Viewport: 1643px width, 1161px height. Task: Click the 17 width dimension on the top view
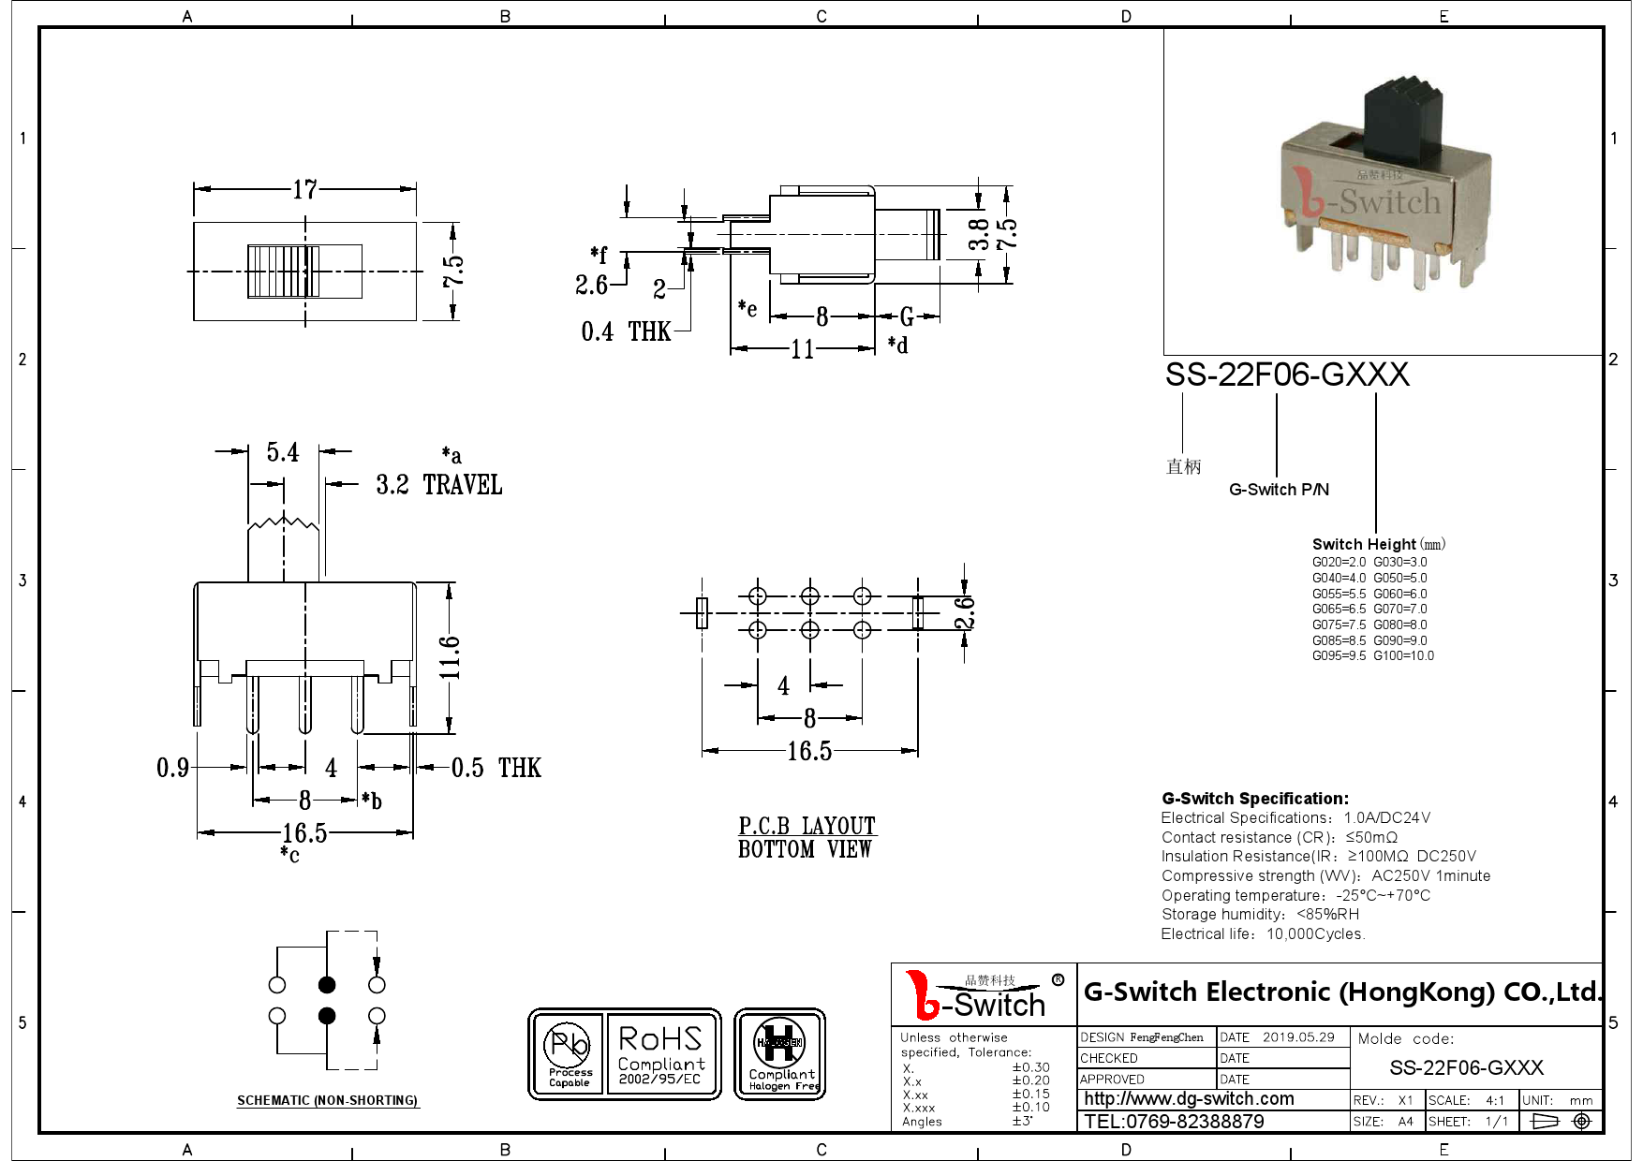tap(304, 190)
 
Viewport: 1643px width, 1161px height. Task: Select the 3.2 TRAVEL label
tap(438, 485)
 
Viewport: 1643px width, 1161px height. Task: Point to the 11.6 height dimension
tap(451, 657)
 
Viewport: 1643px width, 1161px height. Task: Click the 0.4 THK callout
tap(625, 331)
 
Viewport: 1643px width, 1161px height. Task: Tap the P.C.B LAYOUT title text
tap(807, 827)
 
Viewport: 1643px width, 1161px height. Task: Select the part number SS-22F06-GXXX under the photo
tap(1286, 375)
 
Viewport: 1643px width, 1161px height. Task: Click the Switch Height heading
tap(1364, 545)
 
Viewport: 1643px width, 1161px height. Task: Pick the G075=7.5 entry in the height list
tap(1339, 625)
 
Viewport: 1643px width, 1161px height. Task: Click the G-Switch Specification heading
tap(1255, 799)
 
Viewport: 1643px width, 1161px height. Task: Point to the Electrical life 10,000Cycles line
tap(1263, 934)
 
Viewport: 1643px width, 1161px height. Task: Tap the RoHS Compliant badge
tap(660, 1054)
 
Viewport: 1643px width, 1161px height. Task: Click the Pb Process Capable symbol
tap(570, 1054)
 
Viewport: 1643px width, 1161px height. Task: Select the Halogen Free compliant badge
tap(779, 1054)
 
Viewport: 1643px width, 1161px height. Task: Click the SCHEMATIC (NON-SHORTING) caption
tap(327, 1100)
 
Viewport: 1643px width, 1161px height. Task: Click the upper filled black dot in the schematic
tap(327, 985)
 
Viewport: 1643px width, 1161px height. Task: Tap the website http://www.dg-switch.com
tap(1189, 1099)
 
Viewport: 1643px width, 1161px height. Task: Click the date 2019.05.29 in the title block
tap(1297, 1037)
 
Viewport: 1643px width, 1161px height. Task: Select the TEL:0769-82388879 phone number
tap(1174, 1122)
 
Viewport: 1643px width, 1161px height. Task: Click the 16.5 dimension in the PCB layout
tap(809, 751)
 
